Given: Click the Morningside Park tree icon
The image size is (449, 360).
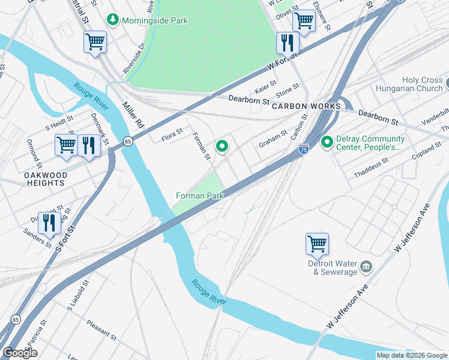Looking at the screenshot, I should [x=113, y=20].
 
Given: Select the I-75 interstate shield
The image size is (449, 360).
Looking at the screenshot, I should [x=304, y=149].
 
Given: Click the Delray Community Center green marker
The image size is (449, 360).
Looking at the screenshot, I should [x=327, y=142].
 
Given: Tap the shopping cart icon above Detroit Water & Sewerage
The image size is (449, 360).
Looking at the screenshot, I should [x=317, y=244].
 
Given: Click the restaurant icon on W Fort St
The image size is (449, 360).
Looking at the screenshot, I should [x=287, y=43].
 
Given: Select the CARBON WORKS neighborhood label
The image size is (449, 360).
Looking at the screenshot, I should [x=306, y=106].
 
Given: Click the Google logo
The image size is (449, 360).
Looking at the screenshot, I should [x=20, y=353].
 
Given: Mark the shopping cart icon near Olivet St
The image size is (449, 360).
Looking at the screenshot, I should [x=304, y=22].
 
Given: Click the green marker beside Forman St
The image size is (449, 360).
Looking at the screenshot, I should [x=223, y=146].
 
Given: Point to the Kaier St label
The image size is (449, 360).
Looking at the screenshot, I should [x=265, y=86].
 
